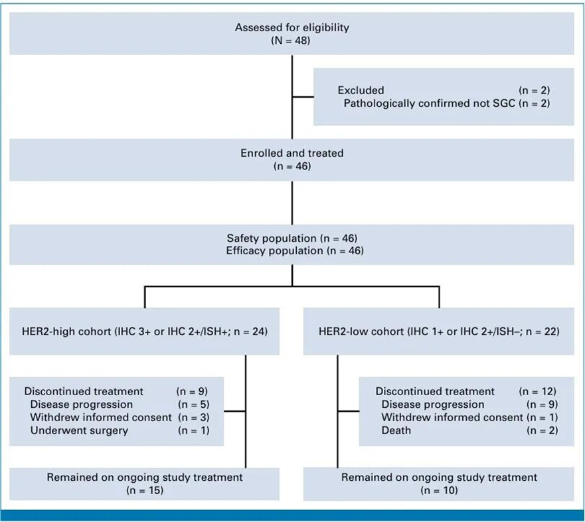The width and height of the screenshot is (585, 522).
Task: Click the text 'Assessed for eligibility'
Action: pyautogui.click(x=292, y=27)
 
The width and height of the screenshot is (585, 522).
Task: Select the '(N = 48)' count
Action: pyautogui.click(x=291, y=41)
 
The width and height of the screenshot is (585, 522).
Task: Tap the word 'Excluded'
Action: pyautogui.click(x=361, y=90)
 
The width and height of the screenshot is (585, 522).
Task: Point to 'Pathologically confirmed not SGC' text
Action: pyautogui.click(x=430, y=103)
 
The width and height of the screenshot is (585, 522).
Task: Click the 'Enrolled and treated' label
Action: pyautogui.click(x=292, y=153)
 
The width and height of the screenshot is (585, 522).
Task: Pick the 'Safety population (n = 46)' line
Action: pyautogui.click(x=292, y=238)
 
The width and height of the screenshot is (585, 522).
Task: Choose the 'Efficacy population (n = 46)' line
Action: pyautogui.click(x=295, y=250)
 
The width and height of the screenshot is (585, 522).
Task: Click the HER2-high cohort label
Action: pyautogui.click(x=144, y=331)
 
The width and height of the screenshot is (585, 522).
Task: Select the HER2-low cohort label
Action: pyautogui.click(x=439, y=331)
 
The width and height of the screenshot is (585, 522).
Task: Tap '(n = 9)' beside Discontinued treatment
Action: pyautogui.click(x=192, y=391)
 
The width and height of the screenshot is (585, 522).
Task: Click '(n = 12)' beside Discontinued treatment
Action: pyautogui.click(x=538, y=391)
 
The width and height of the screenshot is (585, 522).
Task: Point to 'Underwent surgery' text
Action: pyautogui.click(x=79, y=430)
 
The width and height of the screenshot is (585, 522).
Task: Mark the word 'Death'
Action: pyautogui.click(x=396, y=430)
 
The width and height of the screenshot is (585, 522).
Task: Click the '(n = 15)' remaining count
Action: pyautogui.click(x=145, y=490)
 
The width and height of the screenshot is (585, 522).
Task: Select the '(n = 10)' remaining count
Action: pyautogui.click(x=439, y=490)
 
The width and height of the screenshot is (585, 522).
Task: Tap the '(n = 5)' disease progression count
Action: pyautogui.click(x=194, y=404)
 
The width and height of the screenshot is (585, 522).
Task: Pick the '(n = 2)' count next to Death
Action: pyautogui.click(x=543, y=430)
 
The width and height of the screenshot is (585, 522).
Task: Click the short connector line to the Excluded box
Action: pyautogui.click(x=303, y=97)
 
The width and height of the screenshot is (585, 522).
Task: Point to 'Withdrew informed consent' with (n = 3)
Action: pyautogui.click(x=101, y=417)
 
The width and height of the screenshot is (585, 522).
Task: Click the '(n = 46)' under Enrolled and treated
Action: pyautogui.click(x=292, y=166)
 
